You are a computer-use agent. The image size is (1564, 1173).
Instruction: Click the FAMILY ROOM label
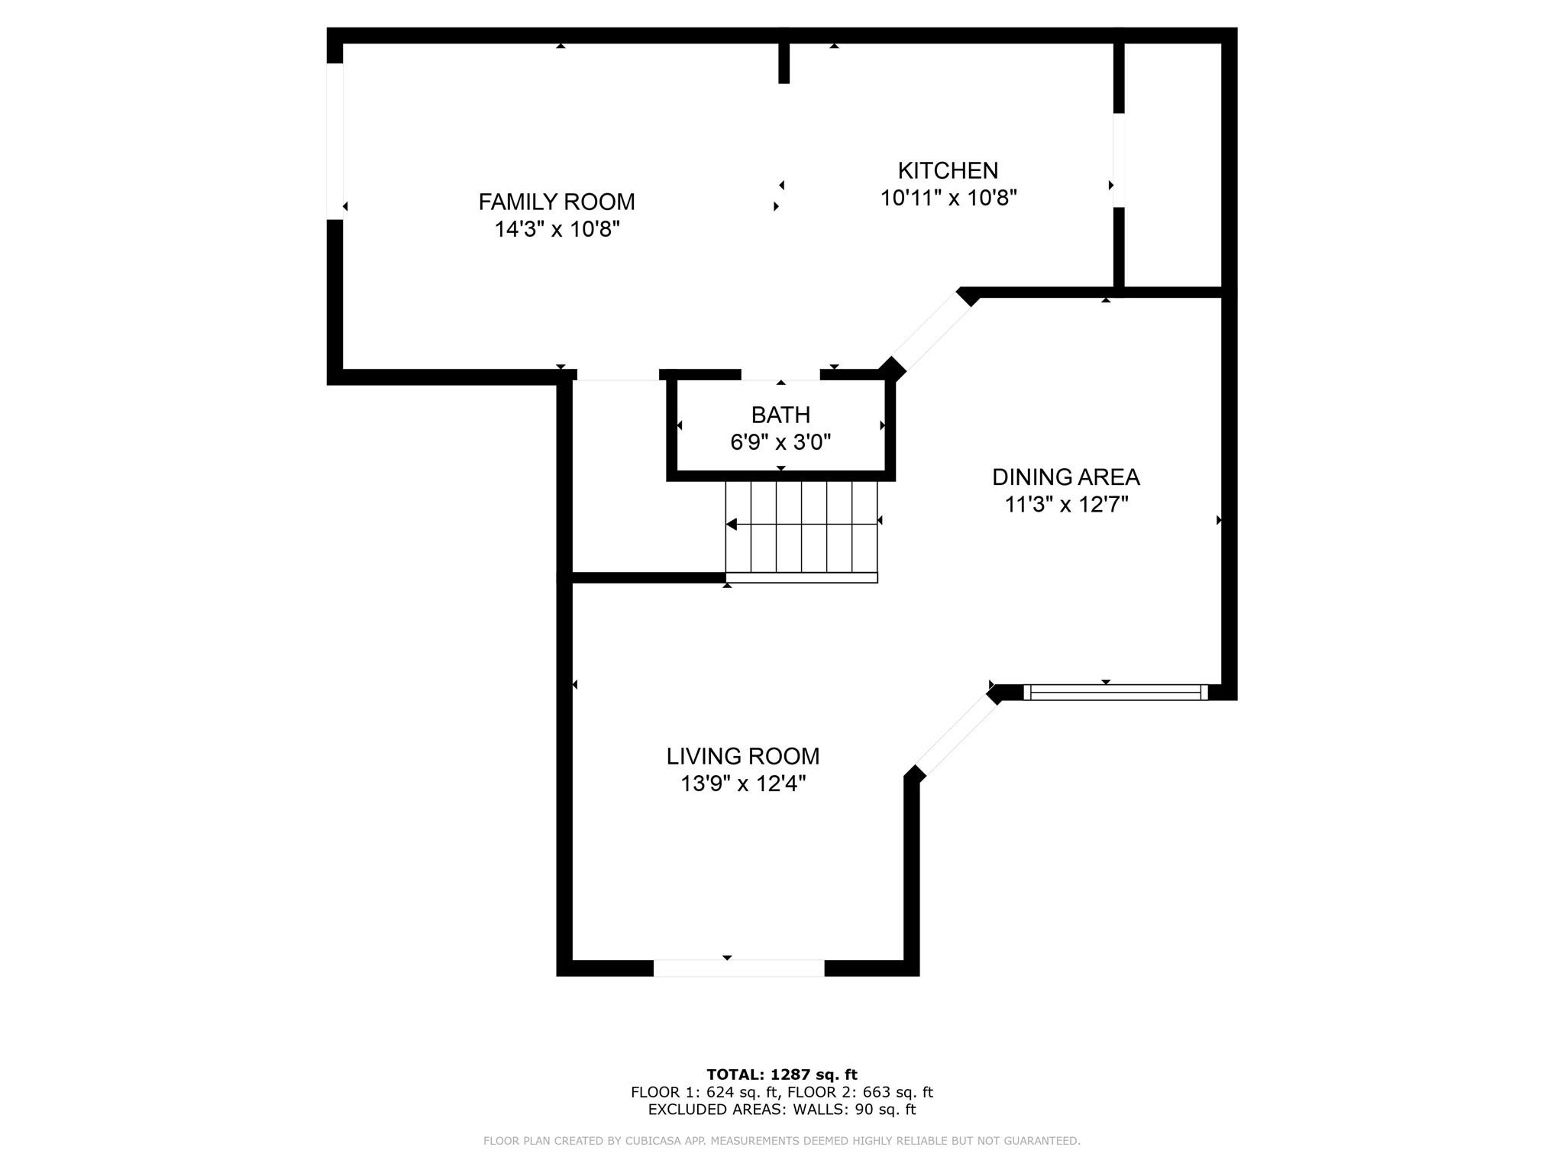coord(557,202)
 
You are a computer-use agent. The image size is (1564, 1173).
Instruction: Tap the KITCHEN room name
coord(948,170)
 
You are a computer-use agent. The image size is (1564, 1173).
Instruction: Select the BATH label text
coord(780,415)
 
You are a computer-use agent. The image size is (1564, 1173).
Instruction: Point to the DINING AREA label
coord(1065,477)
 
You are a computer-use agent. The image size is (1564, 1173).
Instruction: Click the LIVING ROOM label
coord(743,756)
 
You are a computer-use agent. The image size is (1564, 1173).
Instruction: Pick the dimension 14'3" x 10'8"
coord(557,229)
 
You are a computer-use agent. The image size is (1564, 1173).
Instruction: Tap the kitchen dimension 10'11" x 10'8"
coord(948,198)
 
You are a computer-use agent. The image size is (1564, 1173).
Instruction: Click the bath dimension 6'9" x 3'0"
coord(780,442)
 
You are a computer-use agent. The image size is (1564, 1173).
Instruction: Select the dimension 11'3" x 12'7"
coord(1066,505)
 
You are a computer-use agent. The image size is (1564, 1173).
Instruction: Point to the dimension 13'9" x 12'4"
coord(743,784)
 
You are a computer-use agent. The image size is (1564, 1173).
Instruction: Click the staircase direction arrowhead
coord(731,524)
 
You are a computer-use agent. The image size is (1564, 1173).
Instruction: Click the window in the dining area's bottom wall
coord(1115,693)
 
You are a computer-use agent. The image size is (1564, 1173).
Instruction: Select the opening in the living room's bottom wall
coord(738,968)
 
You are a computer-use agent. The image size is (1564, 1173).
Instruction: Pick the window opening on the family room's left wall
coord(334,141)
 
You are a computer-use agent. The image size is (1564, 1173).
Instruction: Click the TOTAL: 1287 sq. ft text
coord(782,1074)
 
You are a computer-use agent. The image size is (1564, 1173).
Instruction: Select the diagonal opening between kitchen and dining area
coord(930,333)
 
